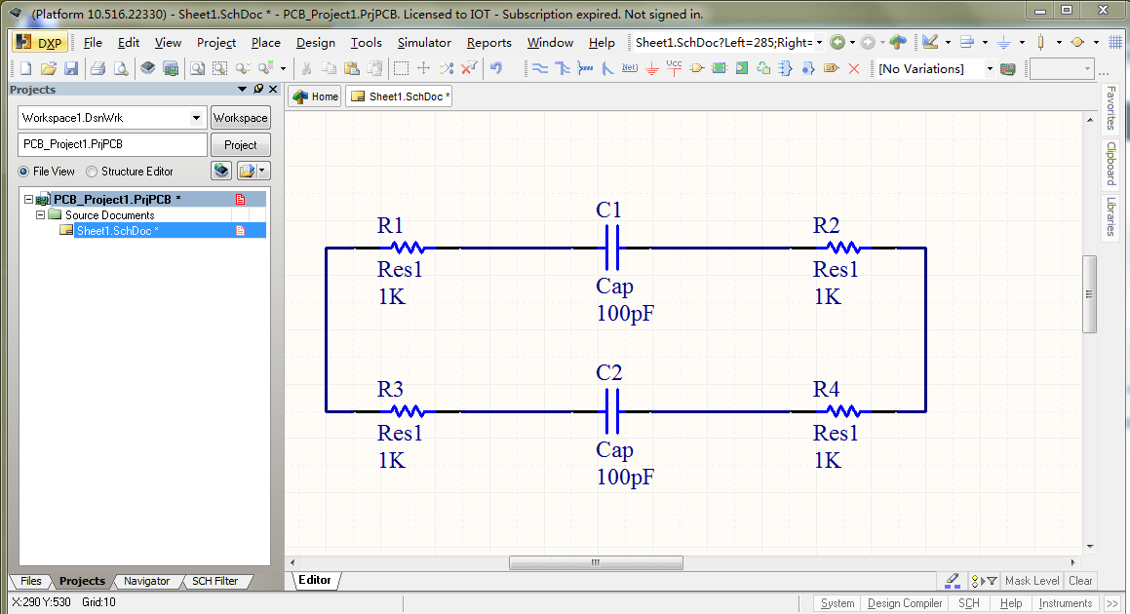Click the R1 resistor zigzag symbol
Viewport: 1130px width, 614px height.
point(406,249)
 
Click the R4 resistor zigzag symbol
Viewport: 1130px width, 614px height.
point(841,411)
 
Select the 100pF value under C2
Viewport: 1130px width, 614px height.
point(625,477)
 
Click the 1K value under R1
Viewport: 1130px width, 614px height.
point(391,297)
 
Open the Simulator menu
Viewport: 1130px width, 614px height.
point(424,43)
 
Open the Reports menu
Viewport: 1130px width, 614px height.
point(488,43)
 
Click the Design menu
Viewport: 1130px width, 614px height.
point(315,43)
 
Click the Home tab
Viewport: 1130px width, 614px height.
point(315,96)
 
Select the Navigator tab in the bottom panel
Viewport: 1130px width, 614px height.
point(146,581)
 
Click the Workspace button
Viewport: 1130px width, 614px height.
point(240,118)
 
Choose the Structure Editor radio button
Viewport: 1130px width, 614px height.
point(93,172)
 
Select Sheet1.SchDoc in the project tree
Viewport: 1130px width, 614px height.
point(117,231)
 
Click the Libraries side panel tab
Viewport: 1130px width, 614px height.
point(1111,216)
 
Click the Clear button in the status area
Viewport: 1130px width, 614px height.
point(1080,581)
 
